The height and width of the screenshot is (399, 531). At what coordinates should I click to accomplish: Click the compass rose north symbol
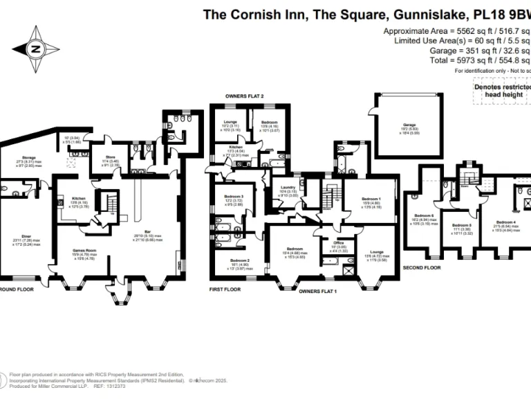click(x=35, y=48)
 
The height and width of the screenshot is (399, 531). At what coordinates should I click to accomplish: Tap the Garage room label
click(x=409, y=125)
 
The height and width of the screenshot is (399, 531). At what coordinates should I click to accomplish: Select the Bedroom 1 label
click(x=371, y=199)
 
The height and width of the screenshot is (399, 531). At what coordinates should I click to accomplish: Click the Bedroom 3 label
click(x=234, y=196)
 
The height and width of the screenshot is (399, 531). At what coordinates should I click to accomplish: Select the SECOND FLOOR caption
click(x=422, y=267)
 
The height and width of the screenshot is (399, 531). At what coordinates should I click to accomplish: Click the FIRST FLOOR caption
click(x=225, y=289)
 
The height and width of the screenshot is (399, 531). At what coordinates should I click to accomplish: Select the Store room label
click(x=111, y=158)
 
